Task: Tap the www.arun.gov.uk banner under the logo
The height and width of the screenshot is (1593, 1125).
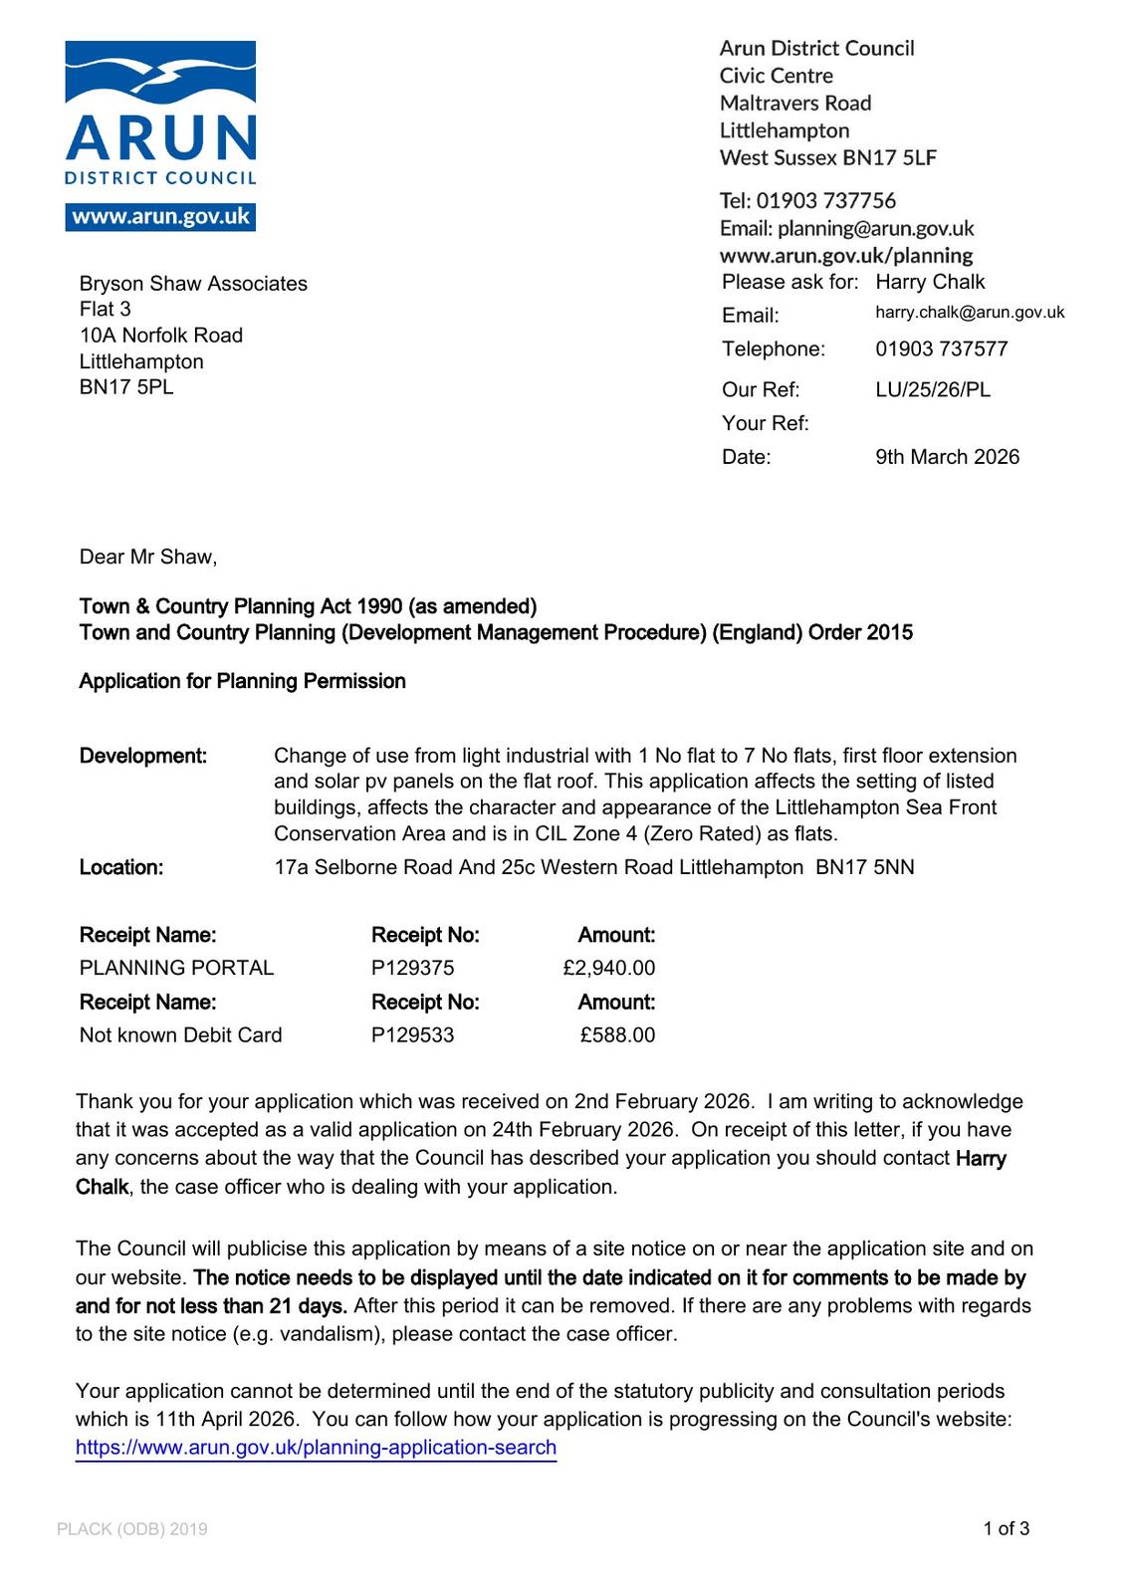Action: pyautogui.click(x=160, y=217)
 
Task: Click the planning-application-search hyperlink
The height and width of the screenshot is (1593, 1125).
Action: pyautogui.click(x=316, y=1448)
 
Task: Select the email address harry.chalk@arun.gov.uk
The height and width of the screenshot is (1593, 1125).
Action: pyautogui.click(x=970, y=313)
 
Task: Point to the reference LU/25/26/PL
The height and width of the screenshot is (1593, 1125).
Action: pyautogui.click(x=933, y=389)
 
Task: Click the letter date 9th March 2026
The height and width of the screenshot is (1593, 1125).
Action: pyautogui.click(x=947, y=457)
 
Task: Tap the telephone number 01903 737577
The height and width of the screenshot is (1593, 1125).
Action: pyautogui.click(x=941, y=348)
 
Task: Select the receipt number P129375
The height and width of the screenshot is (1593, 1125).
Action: pyautogui.click(x=412, y=968)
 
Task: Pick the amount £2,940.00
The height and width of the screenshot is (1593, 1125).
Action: pyautogui.click(x=608, y=968)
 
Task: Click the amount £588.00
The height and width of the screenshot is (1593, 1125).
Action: pyautogui.click(x=617, y=1035)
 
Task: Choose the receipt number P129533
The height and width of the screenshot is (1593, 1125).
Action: pyautogui.click(x=412, y=1035)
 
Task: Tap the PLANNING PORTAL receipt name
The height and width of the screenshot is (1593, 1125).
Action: pyautogui.click(x=176, y=968)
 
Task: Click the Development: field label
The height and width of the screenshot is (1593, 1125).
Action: pyautogui.click(x=143, y=756)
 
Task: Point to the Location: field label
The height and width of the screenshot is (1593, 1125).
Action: pyautogui.click(x=121, y=867)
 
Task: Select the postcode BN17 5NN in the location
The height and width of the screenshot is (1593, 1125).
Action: pyautogui.click(x=864, y=867)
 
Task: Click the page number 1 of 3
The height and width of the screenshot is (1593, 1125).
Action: pyautogui.click(x=1006, y=1528)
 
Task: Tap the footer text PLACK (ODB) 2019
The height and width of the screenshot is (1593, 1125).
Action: pyautogui.click(x=132, y=1529)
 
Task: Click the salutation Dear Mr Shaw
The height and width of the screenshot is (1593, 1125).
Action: pyautogui.click(x=148, y=557)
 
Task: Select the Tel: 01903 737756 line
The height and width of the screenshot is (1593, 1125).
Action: pyautogui.click(x=807, y=201)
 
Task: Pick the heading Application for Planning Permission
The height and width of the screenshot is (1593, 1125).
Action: pyautogui.click(x=243, y=681)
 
